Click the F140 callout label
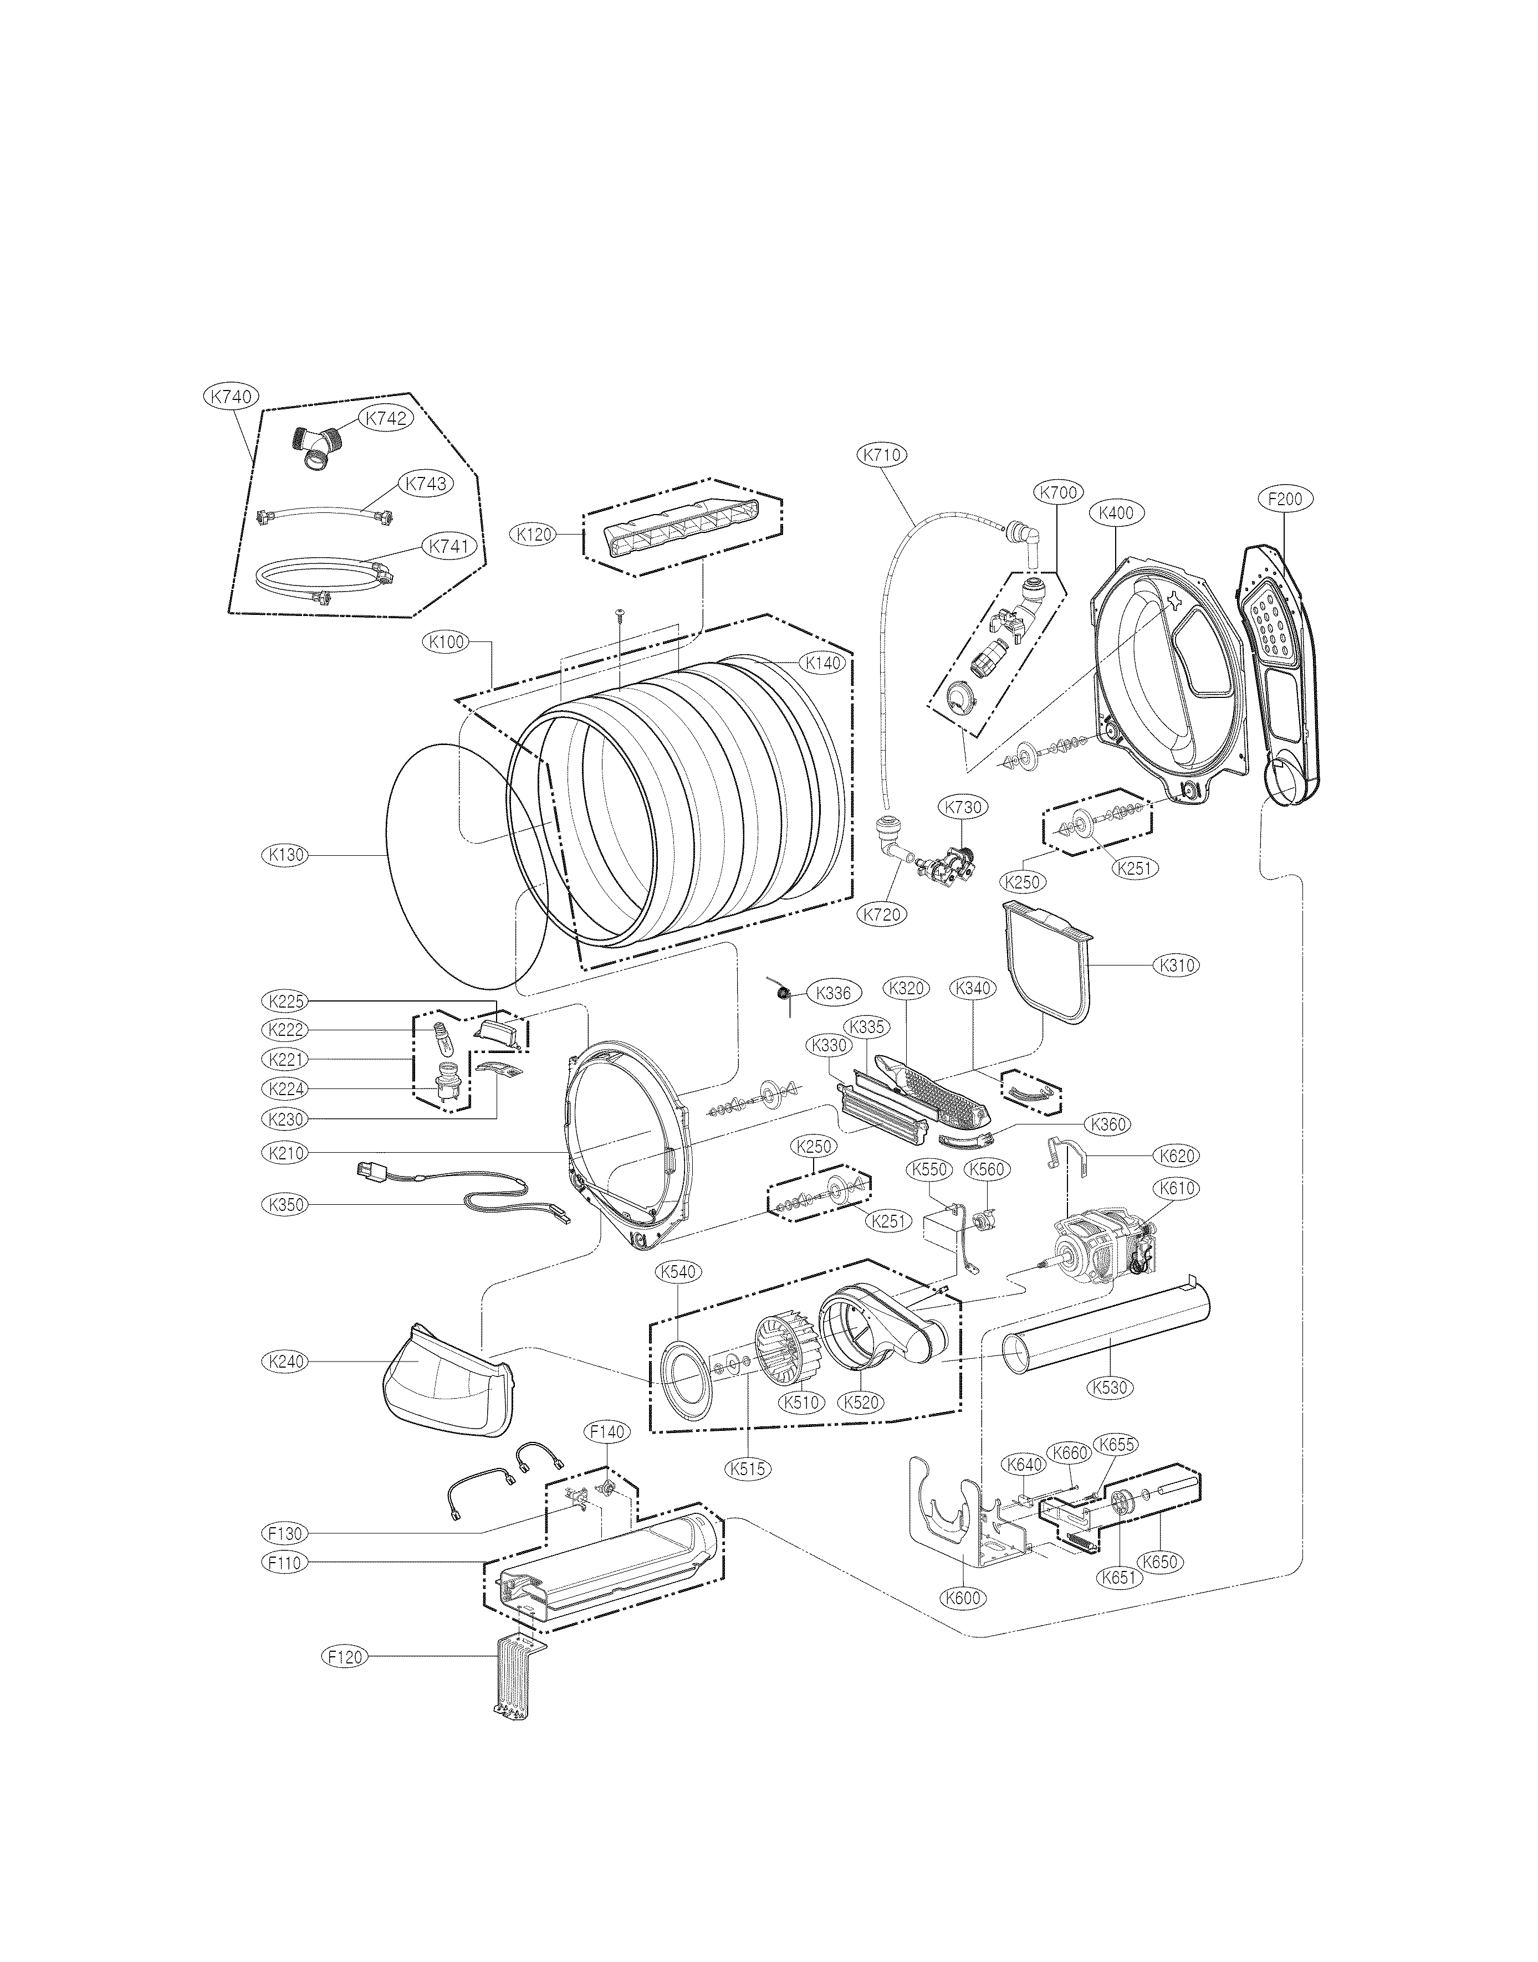(608, 1430)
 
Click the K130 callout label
(284, 855)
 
